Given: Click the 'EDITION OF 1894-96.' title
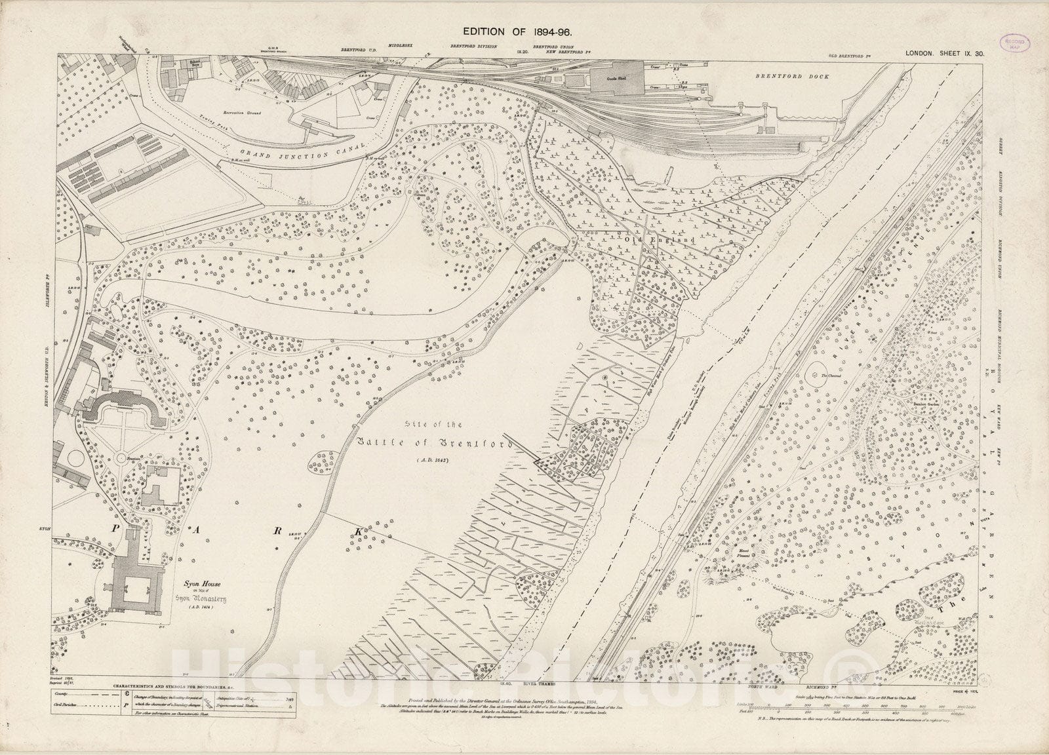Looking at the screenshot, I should tap(523, 31).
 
